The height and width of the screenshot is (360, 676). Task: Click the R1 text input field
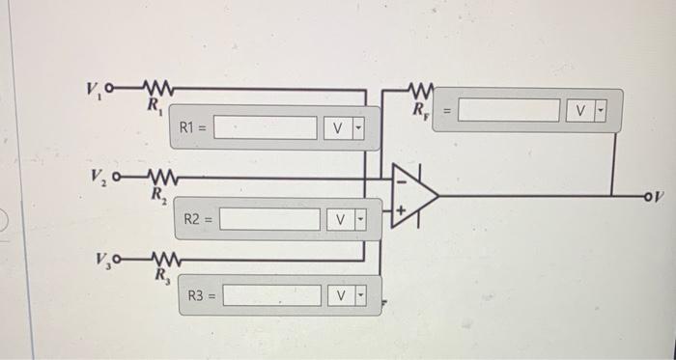(266, 127)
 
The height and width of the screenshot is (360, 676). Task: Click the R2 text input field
(269, 221)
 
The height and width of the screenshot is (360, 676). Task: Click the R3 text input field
(271, 295)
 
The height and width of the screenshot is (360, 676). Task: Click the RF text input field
(508, 111)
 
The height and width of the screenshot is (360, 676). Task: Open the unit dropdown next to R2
(349, 221)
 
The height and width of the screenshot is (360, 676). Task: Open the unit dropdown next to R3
(349, 295)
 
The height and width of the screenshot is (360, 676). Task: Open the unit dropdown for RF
(586, 111)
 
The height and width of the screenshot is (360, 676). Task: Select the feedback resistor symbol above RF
(422, 91)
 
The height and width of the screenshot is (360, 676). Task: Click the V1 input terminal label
(93, 90)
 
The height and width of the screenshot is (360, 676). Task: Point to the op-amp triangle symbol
(415, 195)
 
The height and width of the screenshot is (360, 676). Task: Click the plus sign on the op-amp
(400, 208)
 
